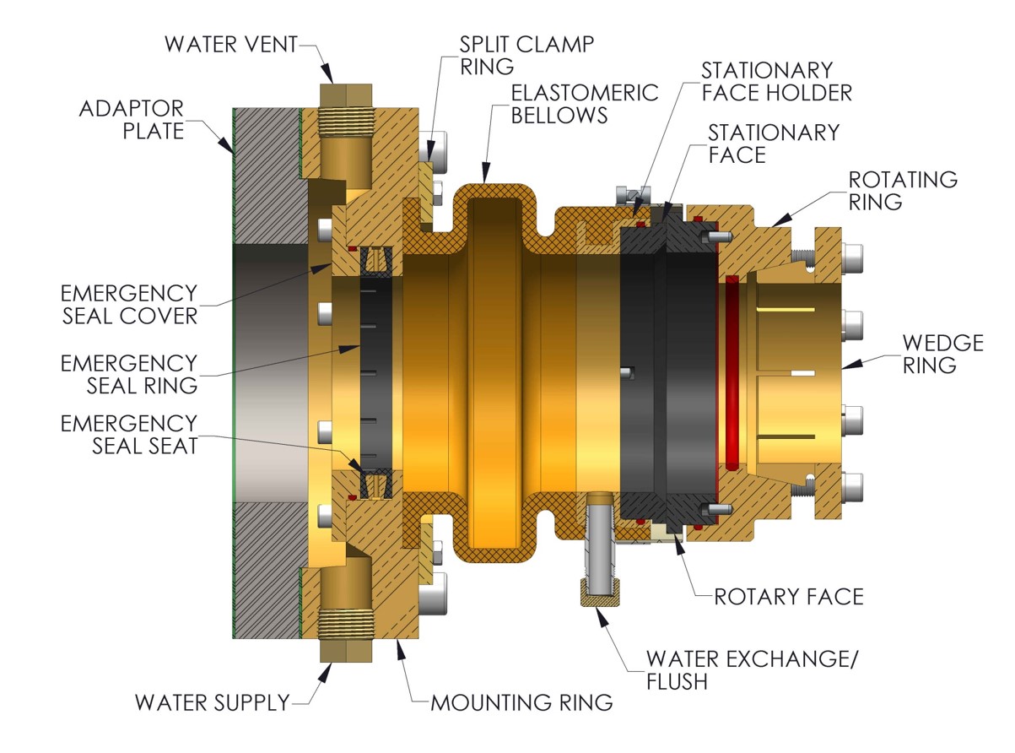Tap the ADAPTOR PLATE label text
point(131,120)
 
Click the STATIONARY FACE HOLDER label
point(777,81)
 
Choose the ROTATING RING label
point(903,191)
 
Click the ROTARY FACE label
point(789,597)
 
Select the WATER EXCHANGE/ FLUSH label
point(752,669)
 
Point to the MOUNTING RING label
point(521,702)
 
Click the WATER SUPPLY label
point(213,702)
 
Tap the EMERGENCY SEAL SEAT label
point(129,434)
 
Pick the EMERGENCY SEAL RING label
point(129,374)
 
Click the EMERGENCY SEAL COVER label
point(129,305)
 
